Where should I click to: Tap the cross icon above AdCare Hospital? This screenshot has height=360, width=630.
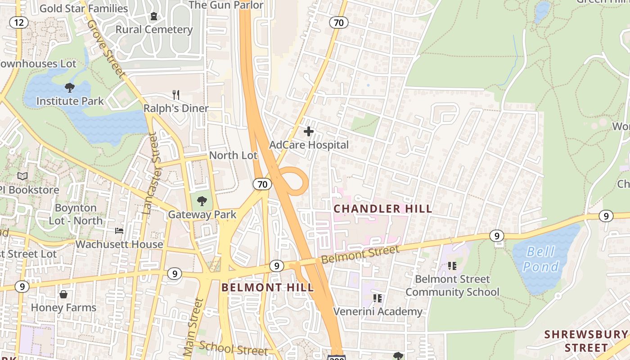(309, 131)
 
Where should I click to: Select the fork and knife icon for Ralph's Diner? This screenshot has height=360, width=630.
(176, 95)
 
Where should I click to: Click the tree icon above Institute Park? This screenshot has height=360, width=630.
(70, 88)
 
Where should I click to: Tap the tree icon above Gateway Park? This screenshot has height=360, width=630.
(202, 201)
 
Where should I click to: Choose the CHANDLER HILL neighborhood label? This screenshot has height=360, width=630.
(382, 209)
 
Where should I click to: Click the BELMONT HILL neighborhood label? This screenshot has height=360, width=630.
(267, 288)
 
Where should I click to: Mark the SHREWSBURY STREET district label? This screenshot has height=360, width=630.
(586, 341)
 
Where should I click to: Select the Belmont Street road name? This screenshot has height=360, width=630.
(360, 255)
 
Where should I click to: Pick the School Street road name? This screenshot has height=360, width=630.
(234, 348)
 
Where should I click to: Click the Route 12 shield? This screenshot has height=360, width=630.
(18, 22)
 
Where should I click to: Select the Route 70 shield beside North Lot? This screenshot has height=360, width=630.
(262, 184)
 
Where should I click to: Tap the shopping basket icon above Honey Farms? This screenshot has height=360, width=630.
(63, 295)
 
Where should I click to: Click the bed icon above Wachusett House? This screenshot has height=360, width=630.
(119, 231)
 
